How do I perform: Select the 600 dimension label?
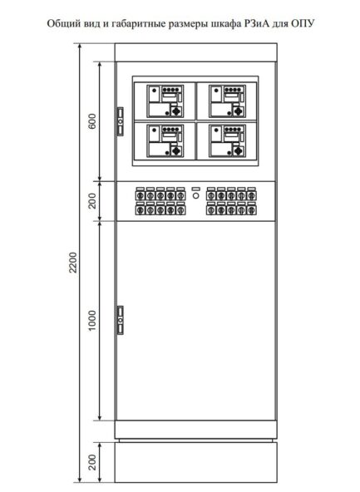click(93, 121)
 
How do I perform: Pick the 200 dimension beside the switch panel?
click(93, 199)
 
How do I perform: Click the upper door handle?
click(121, 121)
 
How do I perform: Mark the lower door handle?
click(121, 320)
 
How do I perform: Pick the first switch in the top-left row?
click(139, 192)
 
